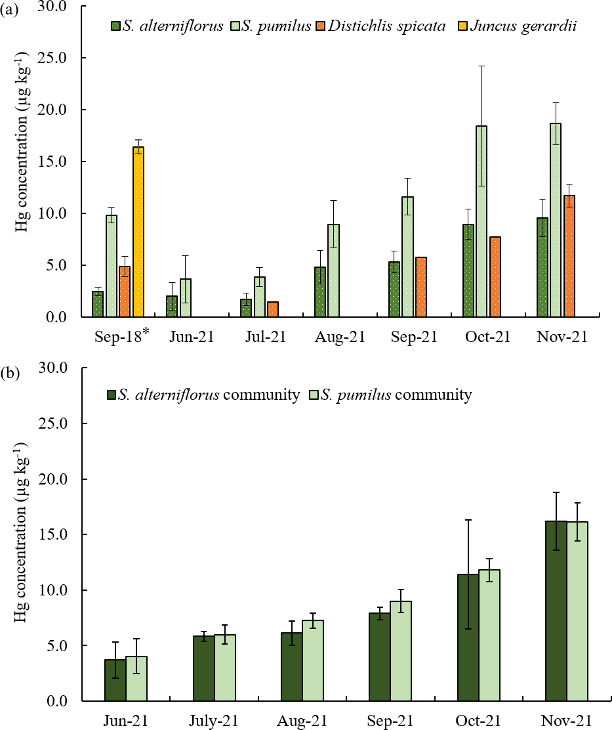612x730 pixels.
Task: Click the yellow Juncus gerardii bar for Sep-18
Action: coord(138,232)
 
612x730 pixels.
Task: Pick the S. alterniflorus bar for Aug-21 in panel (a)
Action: coord(320,292)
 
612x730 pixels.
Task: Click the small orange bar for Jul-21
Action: coord(273,309)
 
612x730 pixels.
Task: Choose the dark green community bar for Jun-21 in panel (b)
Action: coord(115,680)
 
